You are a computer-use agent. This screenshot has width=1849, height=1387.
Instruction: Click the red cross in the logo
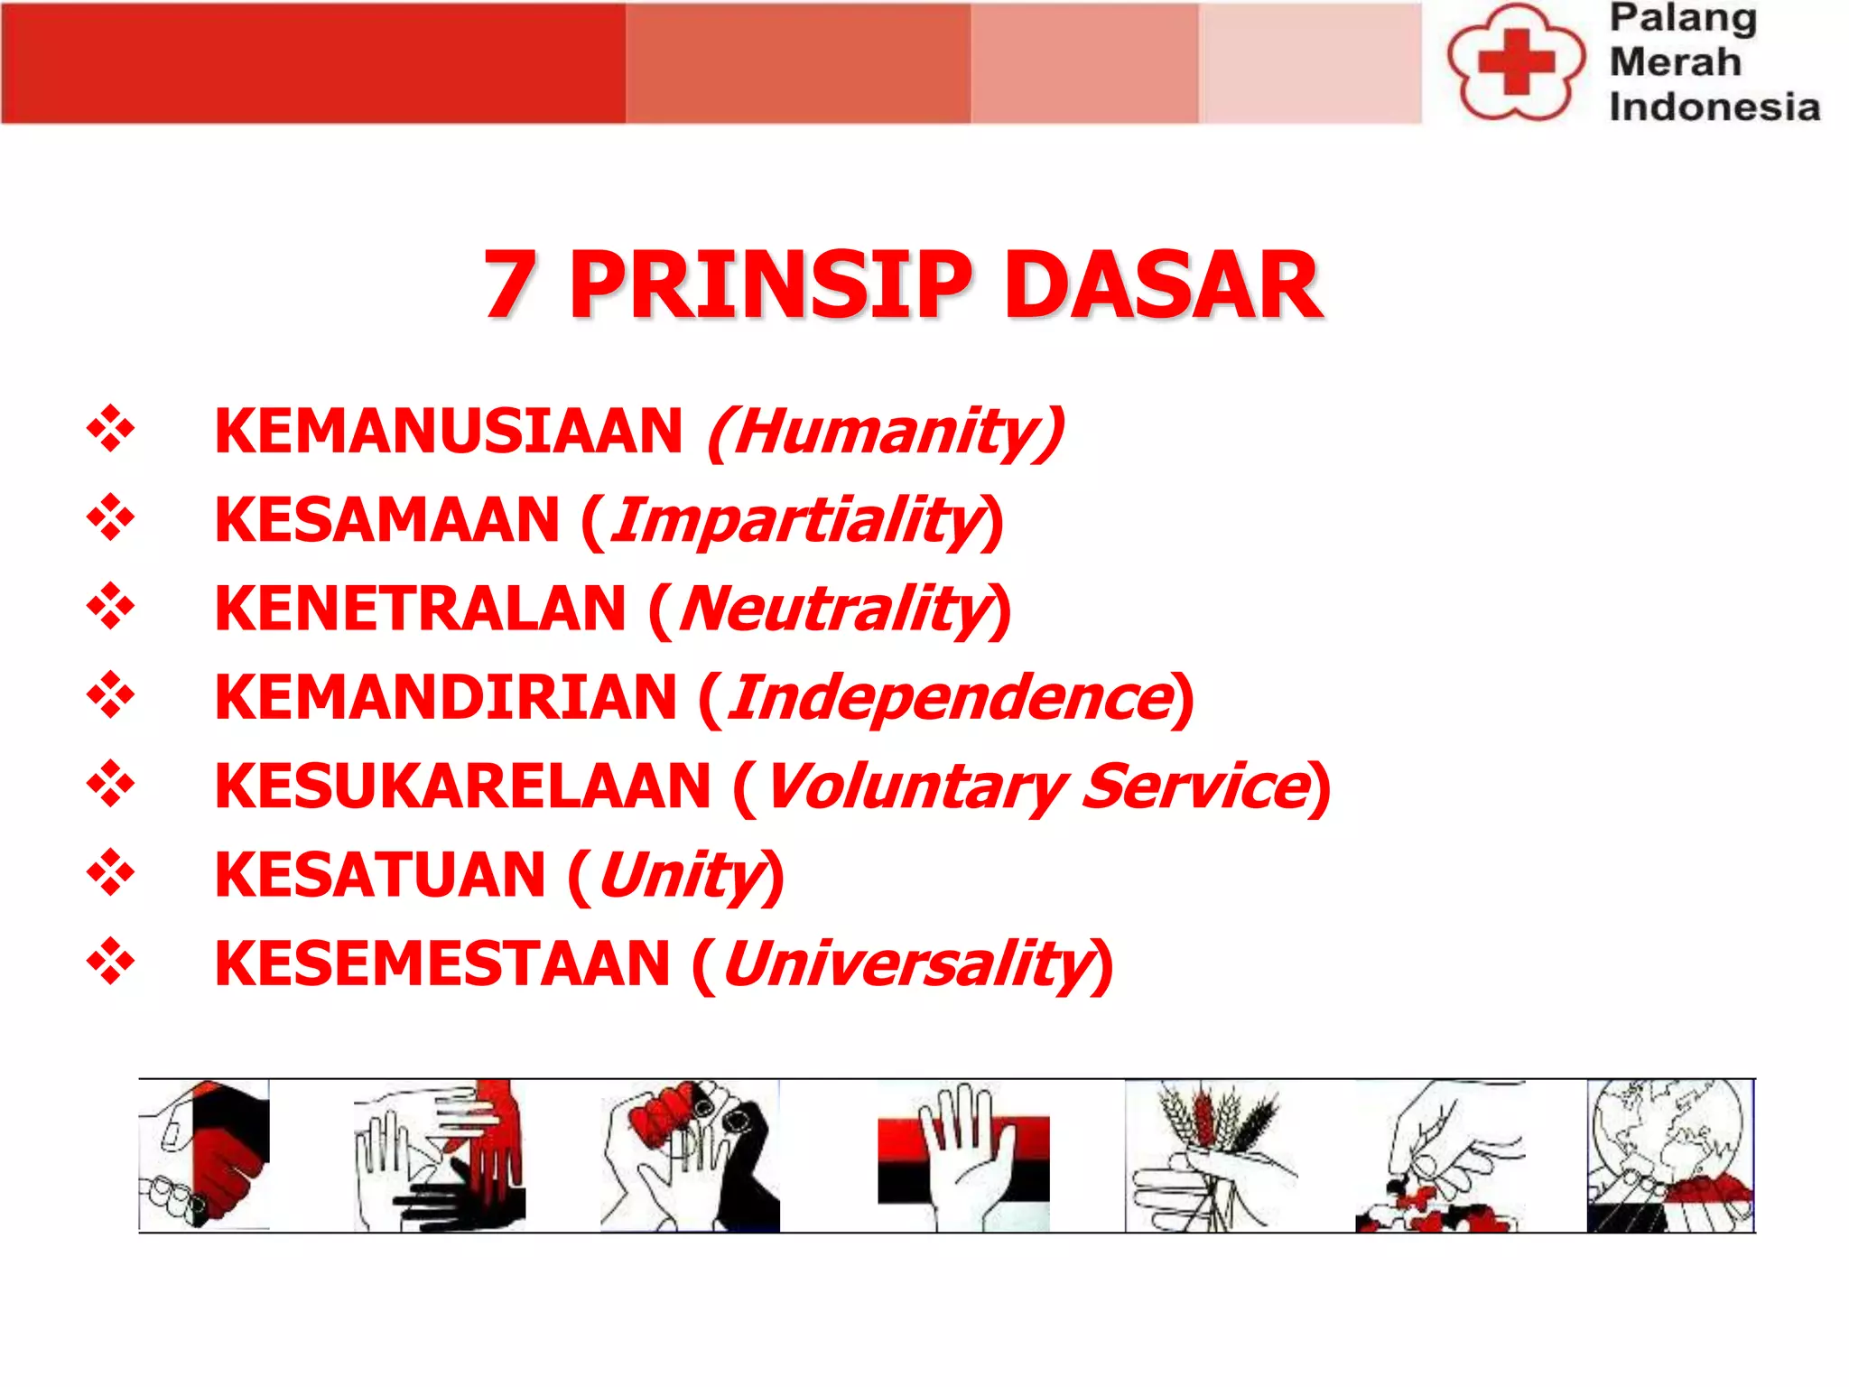click(1517, 61)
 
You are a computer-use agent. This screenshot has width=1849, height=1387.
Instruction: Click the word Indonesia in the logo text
click(1714, 107)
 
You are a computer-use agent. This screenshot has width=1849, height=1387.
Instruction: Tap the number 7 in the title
click(511, 285)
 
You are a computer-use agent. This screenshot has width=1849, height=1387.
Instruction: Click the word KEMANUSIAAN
click(449, 431)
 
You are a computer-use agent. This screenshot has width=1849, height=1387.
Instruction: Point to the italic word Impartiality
click(797, 520)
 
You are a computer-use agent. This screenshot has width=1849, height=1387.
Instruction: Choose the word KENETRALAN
click(420, 609)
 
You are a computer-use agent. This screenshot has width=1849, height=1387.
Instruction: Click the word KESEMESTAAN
click(442, 963)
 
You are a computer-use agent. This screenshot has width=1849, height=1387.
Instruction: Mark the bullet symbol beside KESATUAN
click(110, 872)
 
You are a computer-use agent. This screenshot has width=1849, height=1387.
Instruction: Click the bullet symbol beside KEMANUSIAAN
click(110, 428)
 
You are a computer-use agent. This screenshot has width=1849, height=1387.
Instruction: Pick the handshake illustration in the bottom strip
click(204, 1155)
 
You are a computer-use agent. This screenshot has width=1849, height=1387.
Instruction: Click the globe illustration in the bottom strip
click(1670, 1155)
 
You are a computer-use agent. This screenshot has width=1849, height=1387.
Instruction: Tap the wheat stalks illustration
click(1212, 1155)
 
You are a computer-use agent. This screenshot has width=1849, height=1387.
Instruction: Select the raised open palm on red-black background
click(963, 1155)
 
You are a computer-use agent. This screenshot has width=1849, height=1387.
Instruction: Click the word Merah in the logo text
click(1675, 61)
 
